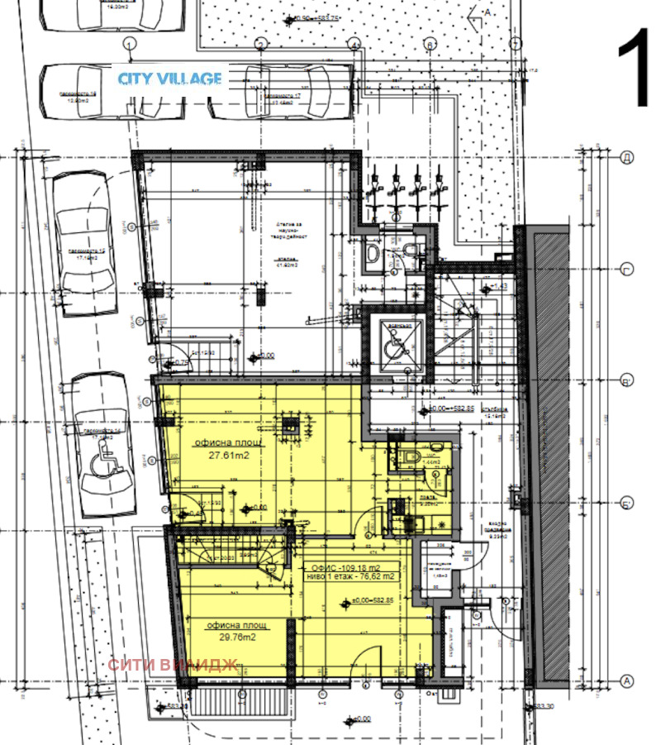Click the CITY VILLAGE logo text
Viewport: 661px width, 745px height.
click(169, 79)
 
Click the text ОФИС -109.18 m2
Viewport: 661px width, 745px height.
click(346, 568)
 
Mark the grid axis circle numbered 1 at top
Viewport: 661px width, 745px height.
click(128, 43)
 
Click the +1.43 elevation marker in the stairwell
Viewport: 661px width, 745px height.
click(497, 287)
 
